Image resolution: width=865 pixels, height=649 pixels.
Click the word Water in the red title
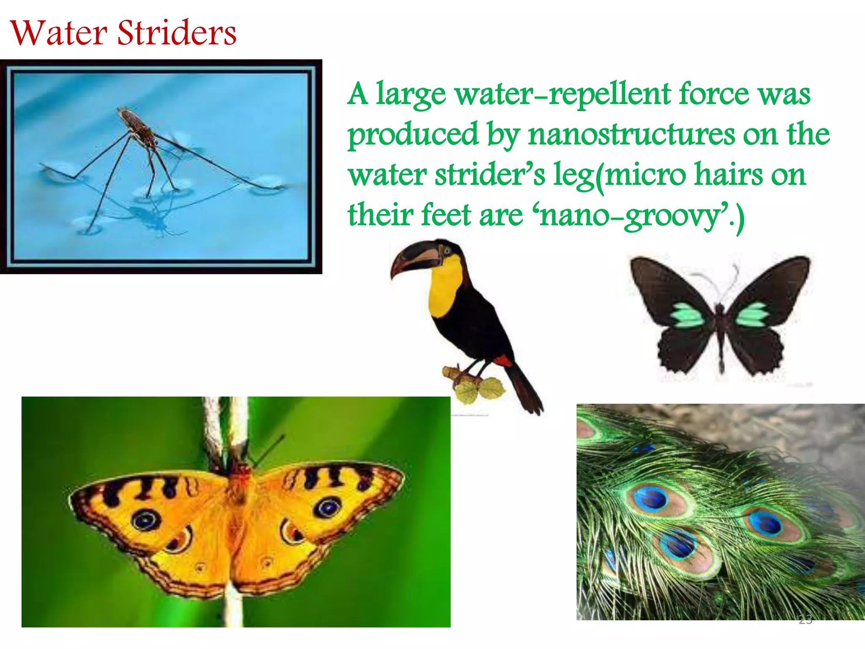[59, 33]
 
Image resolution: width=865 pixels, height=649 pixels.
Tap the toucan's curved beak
[416, 259]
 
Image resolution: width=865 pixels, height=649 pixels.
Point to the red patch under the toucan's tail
[503, 360]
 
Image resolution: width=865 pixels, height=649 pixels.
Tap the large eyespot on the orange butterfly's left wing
[146, 519]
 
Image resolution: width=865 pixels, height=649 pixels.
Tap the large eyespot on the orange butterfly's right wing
[327, 507]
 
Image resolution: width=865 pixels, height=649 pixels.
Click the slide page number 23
[805, 619]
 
